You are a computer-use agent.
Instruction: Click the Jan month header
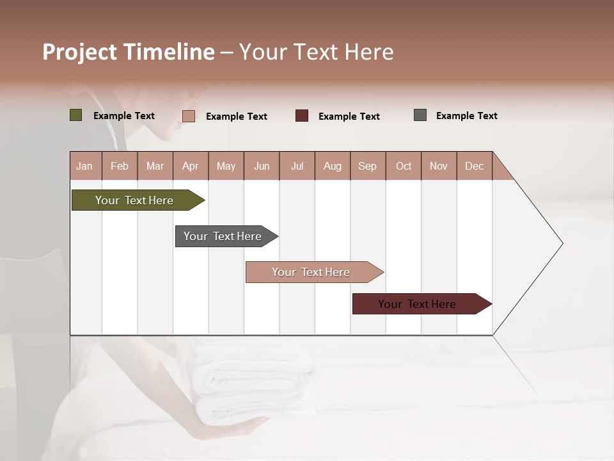tap(84, 166)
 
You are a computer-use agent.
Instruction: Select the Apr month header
tap(190, 166)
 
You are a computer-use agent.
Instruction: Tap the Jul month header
tap(297, 166)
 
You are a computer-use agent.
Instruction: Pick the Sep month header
tap(367, 166)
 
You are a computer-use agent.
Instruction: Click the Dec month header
tap(474, 166)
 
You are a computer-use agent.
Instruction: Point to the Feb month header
tap(120, 166)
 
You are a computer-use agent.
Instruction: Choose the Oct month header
tap(404, 166)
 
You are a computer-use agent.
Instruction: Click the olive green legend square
tap(75, 115)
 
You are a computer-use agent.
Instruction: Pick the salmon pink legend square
tap(189, 116)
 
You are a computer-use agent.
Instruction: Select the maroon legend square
tap(302, 116)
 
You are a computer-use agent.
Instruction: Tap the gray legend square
tap(420, 115)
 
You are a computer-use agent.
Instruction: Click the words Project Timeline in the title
tap(129, 52)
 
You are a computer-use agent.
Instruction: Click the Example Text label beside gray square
tap(466, 116)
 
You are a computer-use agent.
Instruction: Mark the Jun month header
tap(262, 166)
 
